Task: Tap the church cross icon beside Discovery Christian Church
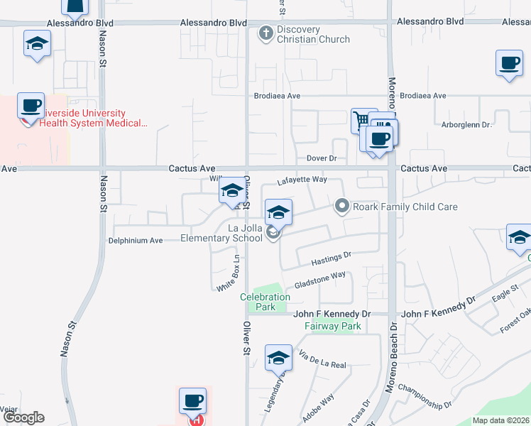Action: [266, 33]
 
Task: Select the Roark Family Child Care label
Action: [407, 207]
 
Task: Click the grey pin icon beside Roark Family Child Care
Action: [342, 207]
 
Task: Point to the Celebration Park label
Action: [265, 302]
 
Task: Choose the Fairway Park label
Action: [333, 326]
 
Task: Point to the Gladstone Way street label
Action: [320, 278]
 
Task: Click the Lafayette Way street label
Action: [301, 181]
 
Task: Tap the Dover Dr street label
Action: [321, 158]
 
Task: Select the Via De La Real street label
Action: [322, 360]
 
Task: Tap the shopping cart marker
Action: [363, 119]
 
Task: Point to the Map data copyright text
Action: [500, 420]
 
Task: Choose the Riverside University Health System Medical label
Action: [93, 118]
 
